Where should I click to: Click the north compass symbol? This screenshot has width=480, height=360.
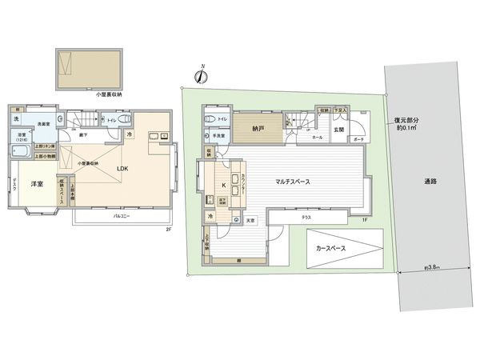[x=201, y=77]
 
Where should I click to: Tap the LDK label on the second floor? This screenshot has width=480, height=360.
[x=123, y=168]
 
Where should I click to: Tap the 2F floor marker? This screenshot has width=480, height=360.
[x=168, y=229]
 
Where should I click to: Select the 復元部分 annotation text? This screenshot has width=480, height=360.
[x=408, y=121]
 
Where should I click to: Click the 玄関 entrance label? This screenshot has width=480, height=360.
[x=338, y=130]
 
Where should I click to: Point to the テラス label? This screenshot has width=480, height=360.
[x=306, y=217]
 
